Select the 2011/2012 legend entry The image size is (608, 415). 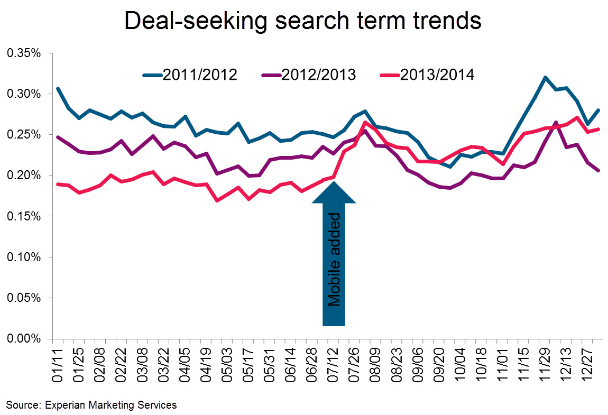(x=190, y=75)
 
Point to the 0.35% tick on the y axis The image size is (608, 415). (x=23, y=53)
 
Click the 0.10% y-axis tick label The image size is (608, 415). (x=23, y=257)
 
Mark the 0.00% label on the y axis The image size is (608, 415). (x=23, y=339)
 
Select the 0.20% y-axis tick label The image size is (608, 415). (x=23, y=176)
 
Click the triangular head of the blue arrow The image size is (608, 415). (x=334, y=191)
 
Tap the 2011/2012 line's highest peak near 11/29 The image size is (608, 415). (x=544, y=77)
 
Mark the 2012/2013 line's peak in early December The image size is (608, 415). (x=556, y=123)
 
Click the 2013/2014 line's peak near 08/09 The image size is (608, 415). (x=365, y=122)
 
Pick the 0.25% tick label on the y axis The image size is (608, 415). (x=23, y=135)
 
